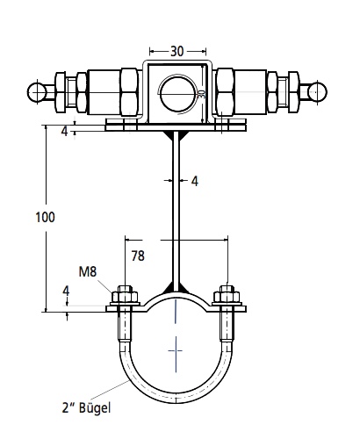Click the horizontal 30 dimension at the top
[177, 52]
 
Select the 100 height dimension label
[45, 218]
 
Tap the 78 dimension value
[138, 256]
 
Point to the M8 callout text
[88, 272]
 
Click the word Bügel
[95, 408]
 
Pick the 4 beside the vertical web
[195, 182]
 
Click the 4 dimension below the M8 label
[67, 292]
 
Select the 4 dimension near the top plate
[65, 131]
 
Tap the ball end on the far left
[36, 92]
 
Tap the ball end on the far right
[317, 91]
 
